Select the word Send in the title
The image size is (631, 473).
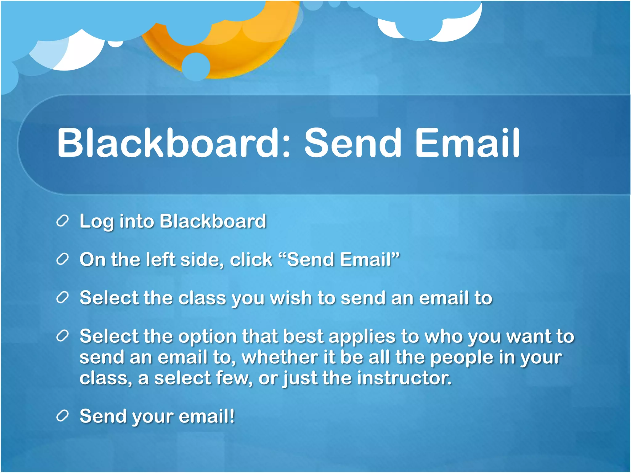coord(353,143)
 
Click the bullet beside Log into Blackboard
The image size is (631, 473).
coord(62,221)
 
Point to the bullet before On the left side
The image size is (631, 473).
coord(62,260)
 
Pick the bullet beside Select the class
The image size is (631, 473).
coord(62,298)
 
